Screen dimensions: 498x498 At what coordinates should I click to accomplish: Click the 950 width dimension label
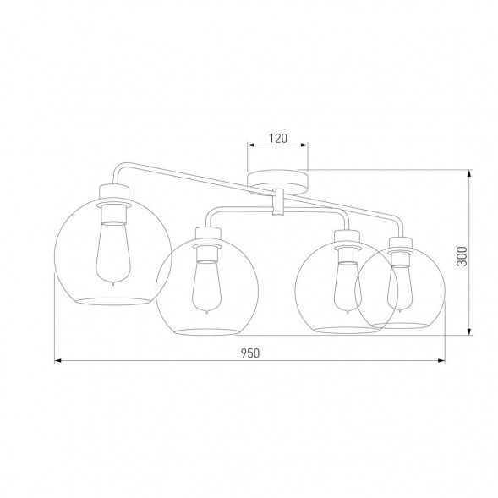tap(249, 353)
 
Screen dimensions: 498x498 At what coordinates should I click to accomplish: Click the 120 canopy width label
tap(277, 136)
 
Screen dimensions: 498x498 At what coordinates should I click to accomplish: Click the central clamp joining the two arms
tap(277, 205)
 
